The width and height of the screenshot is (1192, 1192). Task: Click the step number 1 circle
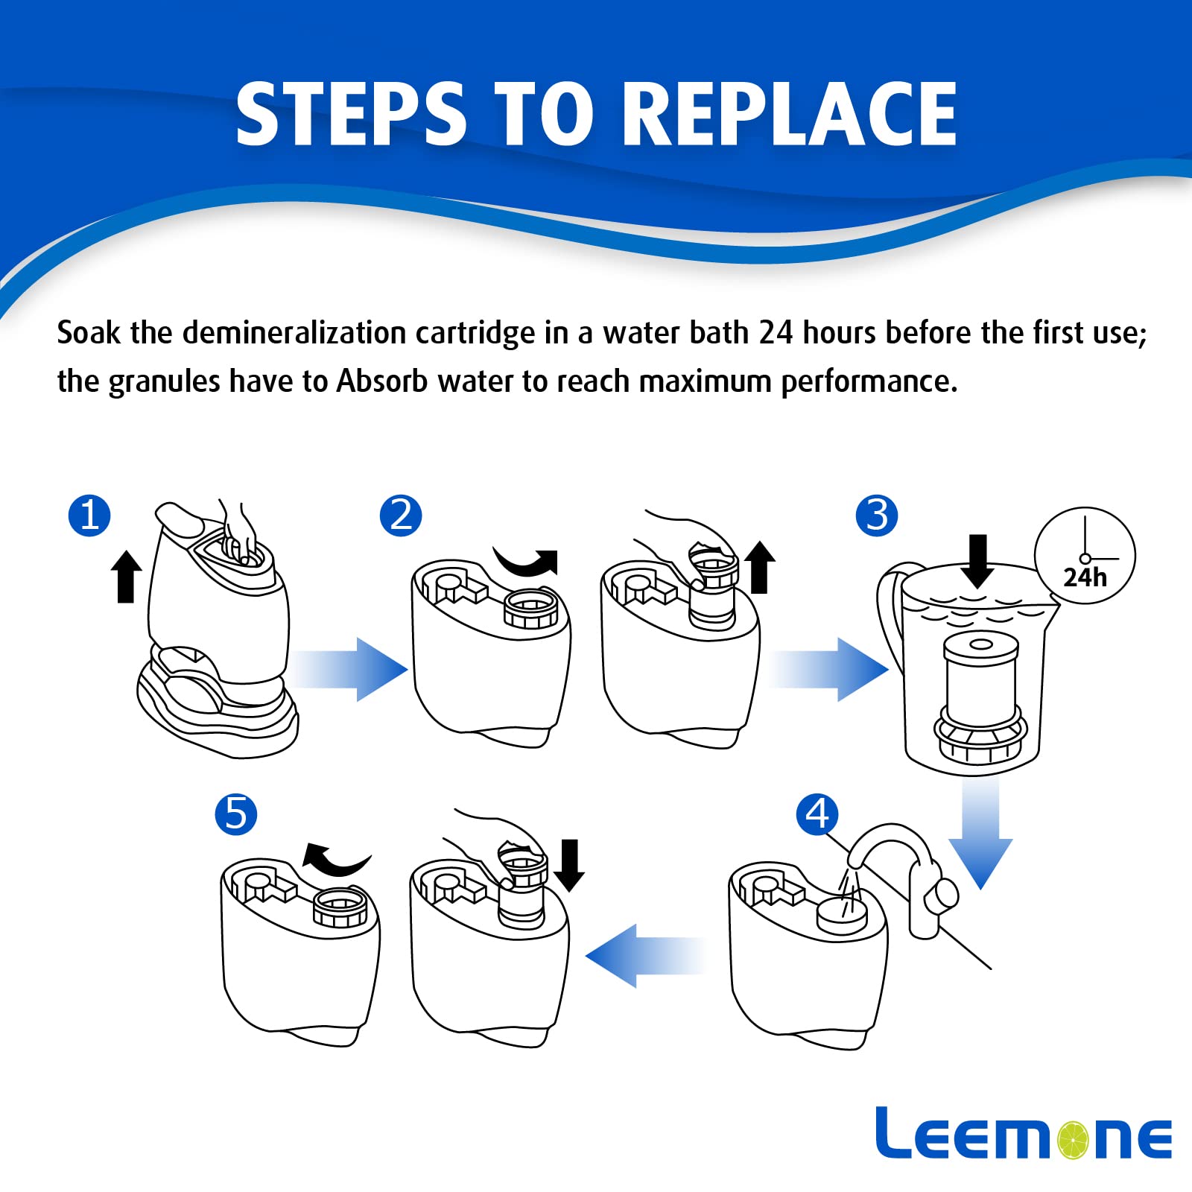coord(89,515)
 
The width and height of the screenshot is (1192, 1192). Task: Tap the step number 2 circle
coord(401,515)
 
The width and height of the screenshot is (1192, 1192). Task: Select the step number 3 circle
coord(877,515)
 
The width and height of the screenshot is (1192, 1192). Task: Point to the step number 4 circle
coord(817,814)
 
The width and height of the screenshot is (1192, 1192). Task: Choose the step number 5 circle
coord(236,814)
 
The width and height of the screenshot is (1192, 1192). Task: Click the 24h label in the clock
coord(1085,577)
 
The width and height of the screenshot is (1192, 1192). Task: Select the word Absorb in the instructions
coord(382,381)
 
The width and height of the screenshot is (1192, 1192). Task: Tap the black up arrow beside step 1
coord(126,576)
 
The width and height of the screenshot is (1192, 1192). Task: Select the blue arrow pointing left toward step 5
coord(645,955)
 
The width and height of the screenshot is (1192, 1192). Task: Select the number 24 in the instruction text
coord(776,332)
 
